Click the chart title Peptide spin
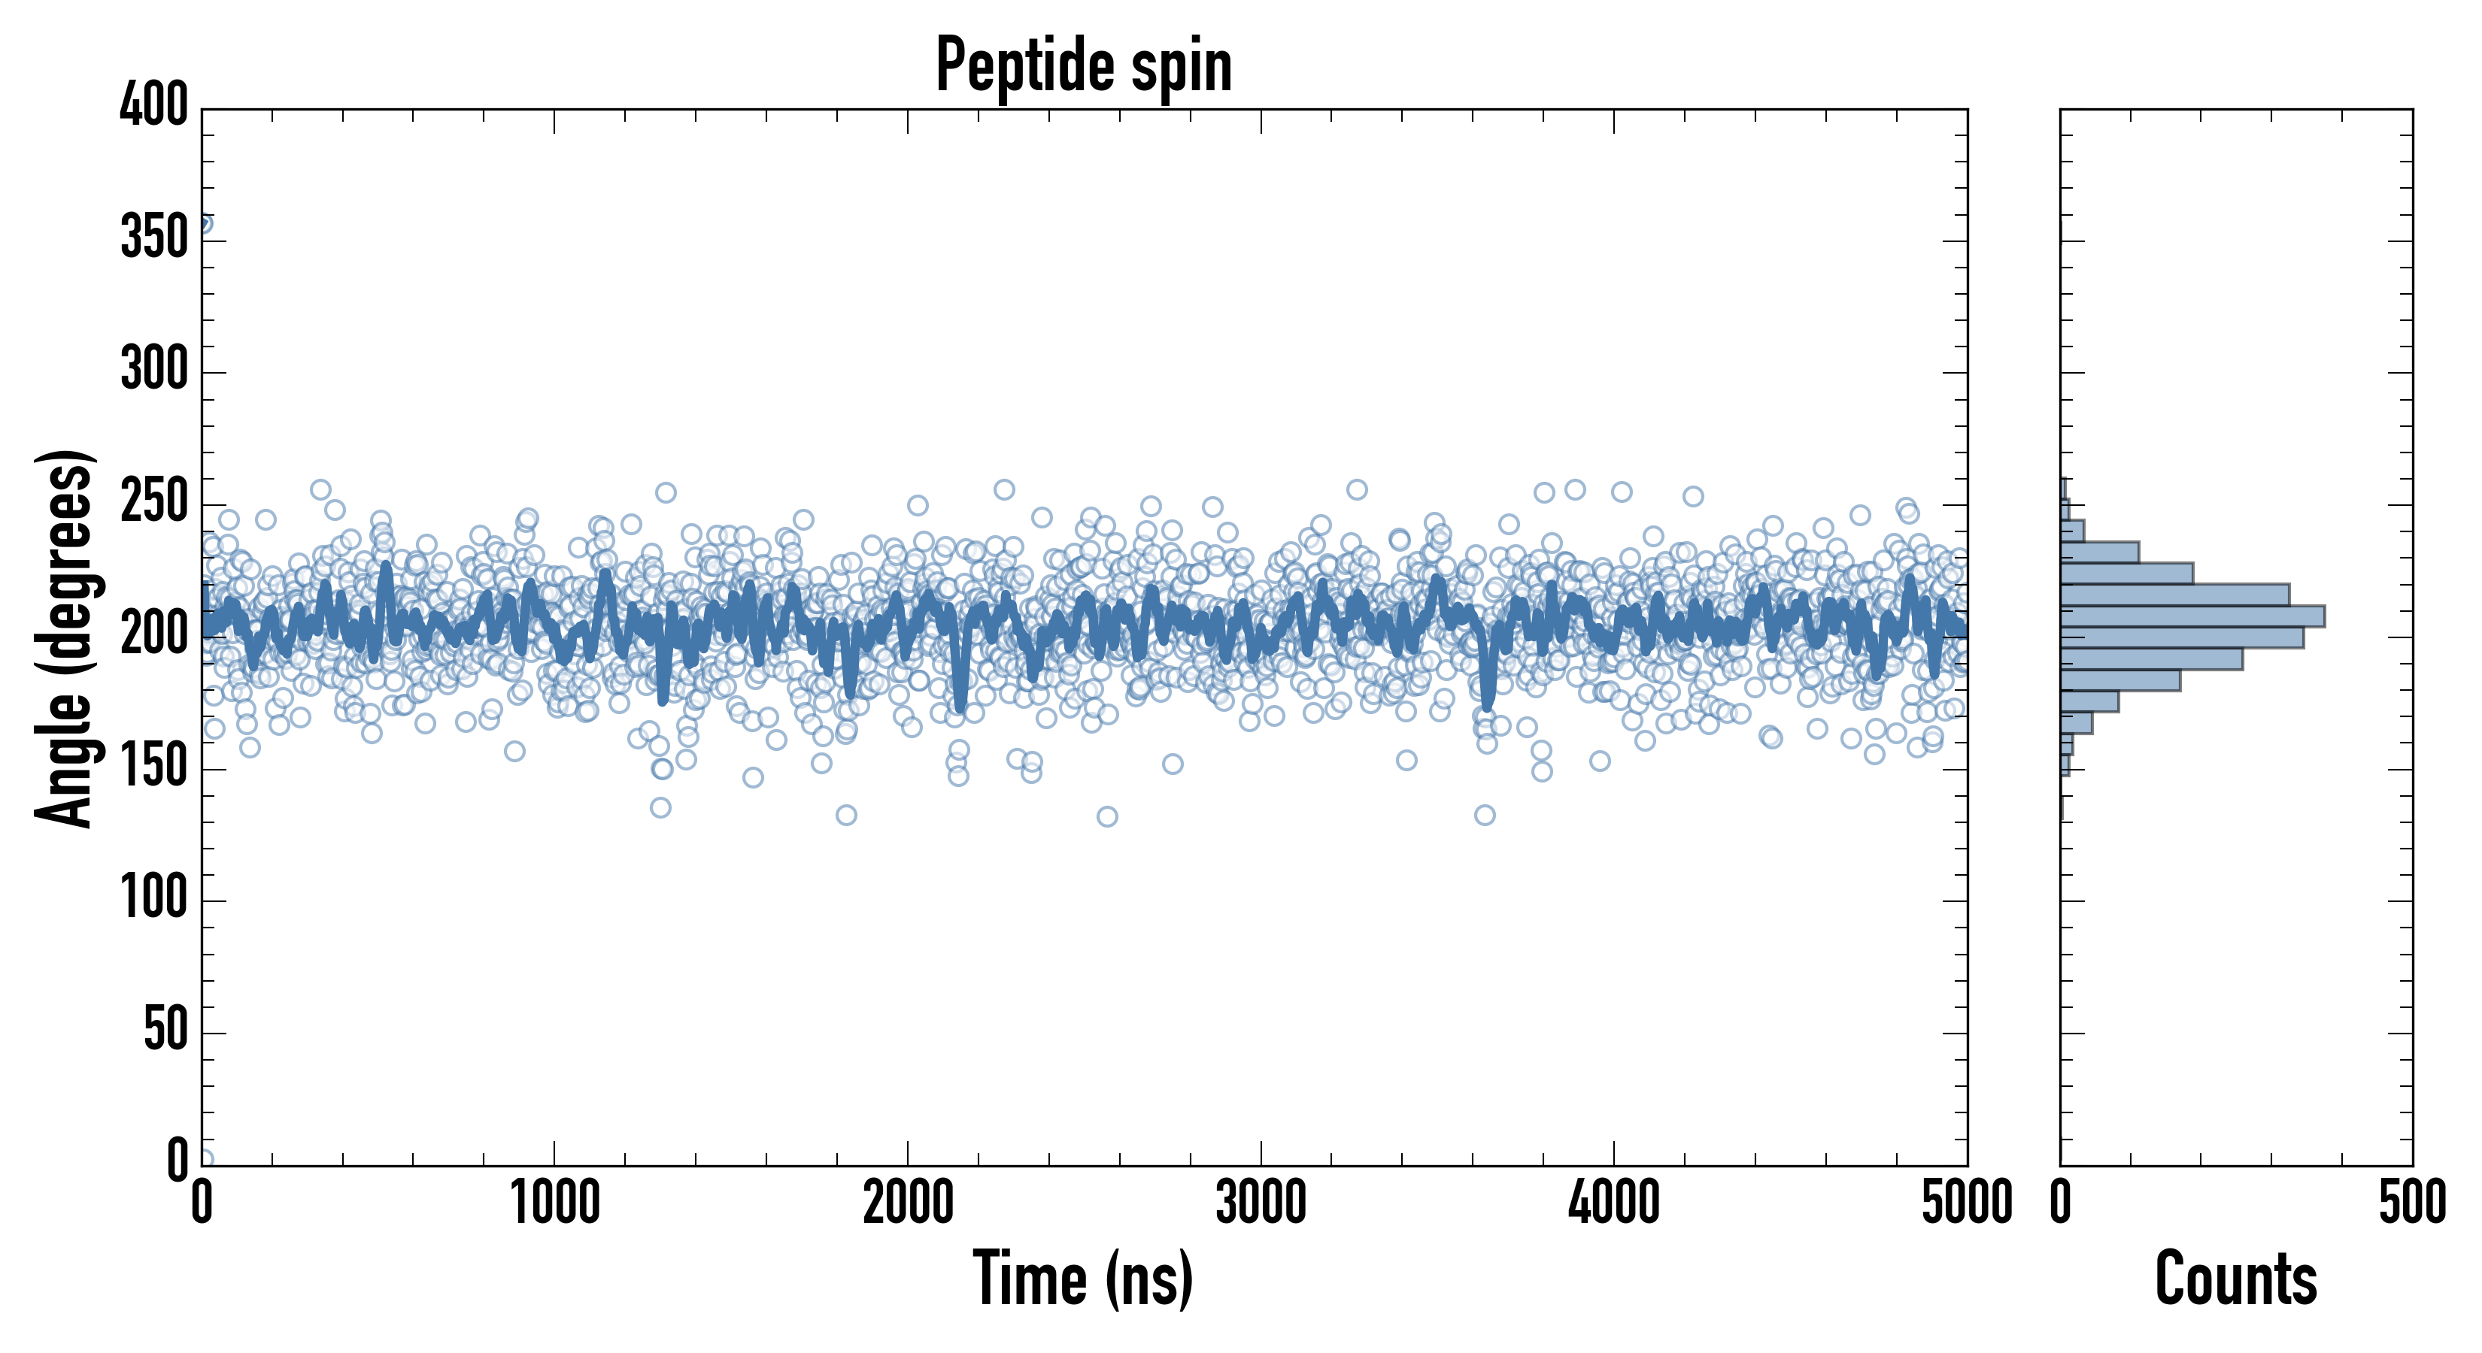coord(1084,65)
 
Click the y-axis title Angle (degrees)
coord(65,637)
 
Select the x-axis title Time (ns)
coord(1084,1278)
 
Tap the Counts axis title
coord(2235,1278)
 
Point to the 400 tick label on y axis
coord(154,105)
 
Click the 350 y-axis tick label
coord(154,238)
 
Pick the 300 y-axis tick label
coord(154,370)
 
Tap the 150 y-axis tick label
coord(154,767)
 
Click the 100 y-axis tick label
coord(154,898)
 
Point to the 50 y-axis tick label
coord(165,1031)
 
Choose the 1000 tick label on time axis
coord(555,1203)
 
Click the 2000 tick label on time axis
coord(908,1203)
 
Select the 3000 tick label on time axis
coord(1261,1203)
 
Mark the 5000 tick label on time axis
coord(1965,1203)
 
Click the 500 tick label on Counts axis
coord(2411,1203)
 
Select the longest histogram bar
coord(2192,616)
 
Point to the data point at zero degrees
coord(205,1159)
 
